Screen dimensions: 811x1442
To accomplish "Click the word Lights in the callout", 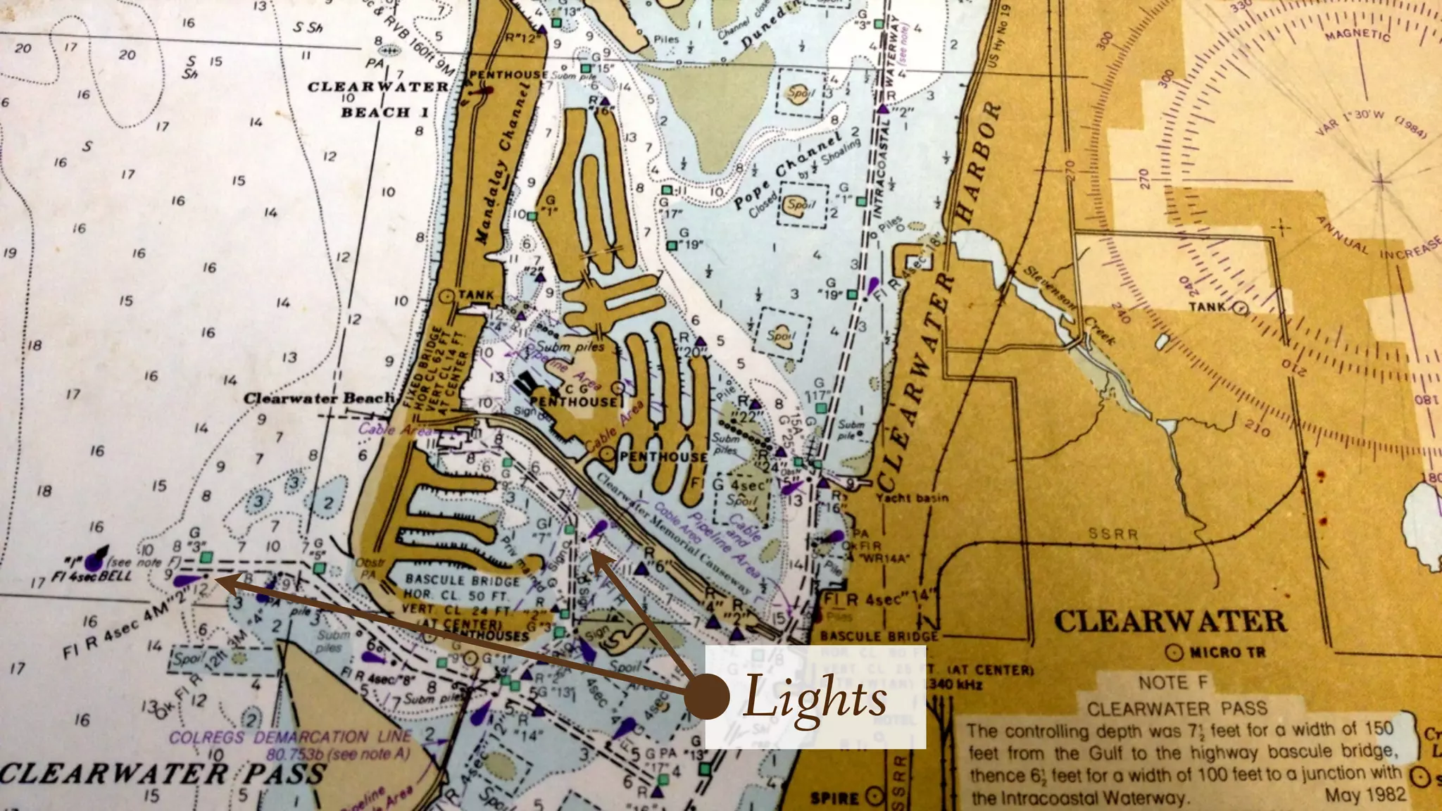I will coord(815,698).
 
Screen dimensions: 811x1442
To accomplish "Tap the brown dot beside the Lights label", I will coord(706,697).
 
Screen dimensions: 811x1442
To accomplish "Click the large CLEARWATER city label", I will coord(1170,622).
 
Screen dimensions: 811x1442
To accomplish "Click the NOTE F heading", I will coord(1174,682).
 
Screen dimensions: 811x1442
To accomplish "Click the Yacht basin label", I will coord(912,498).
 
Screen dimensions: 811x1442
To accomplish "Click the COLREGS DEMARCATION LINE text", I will coord(289,737).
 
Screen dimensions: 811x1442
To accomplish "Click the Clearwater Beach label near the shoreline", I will coord(318,398).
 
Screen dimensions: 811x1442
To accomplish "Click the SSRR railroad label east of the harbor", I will coord(1112,534).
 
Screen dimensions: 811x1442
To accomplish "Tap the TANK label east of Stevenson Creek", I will coord(1207,306).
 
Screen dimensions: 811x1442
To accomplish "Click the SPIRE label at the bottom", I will coord(835,798).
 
